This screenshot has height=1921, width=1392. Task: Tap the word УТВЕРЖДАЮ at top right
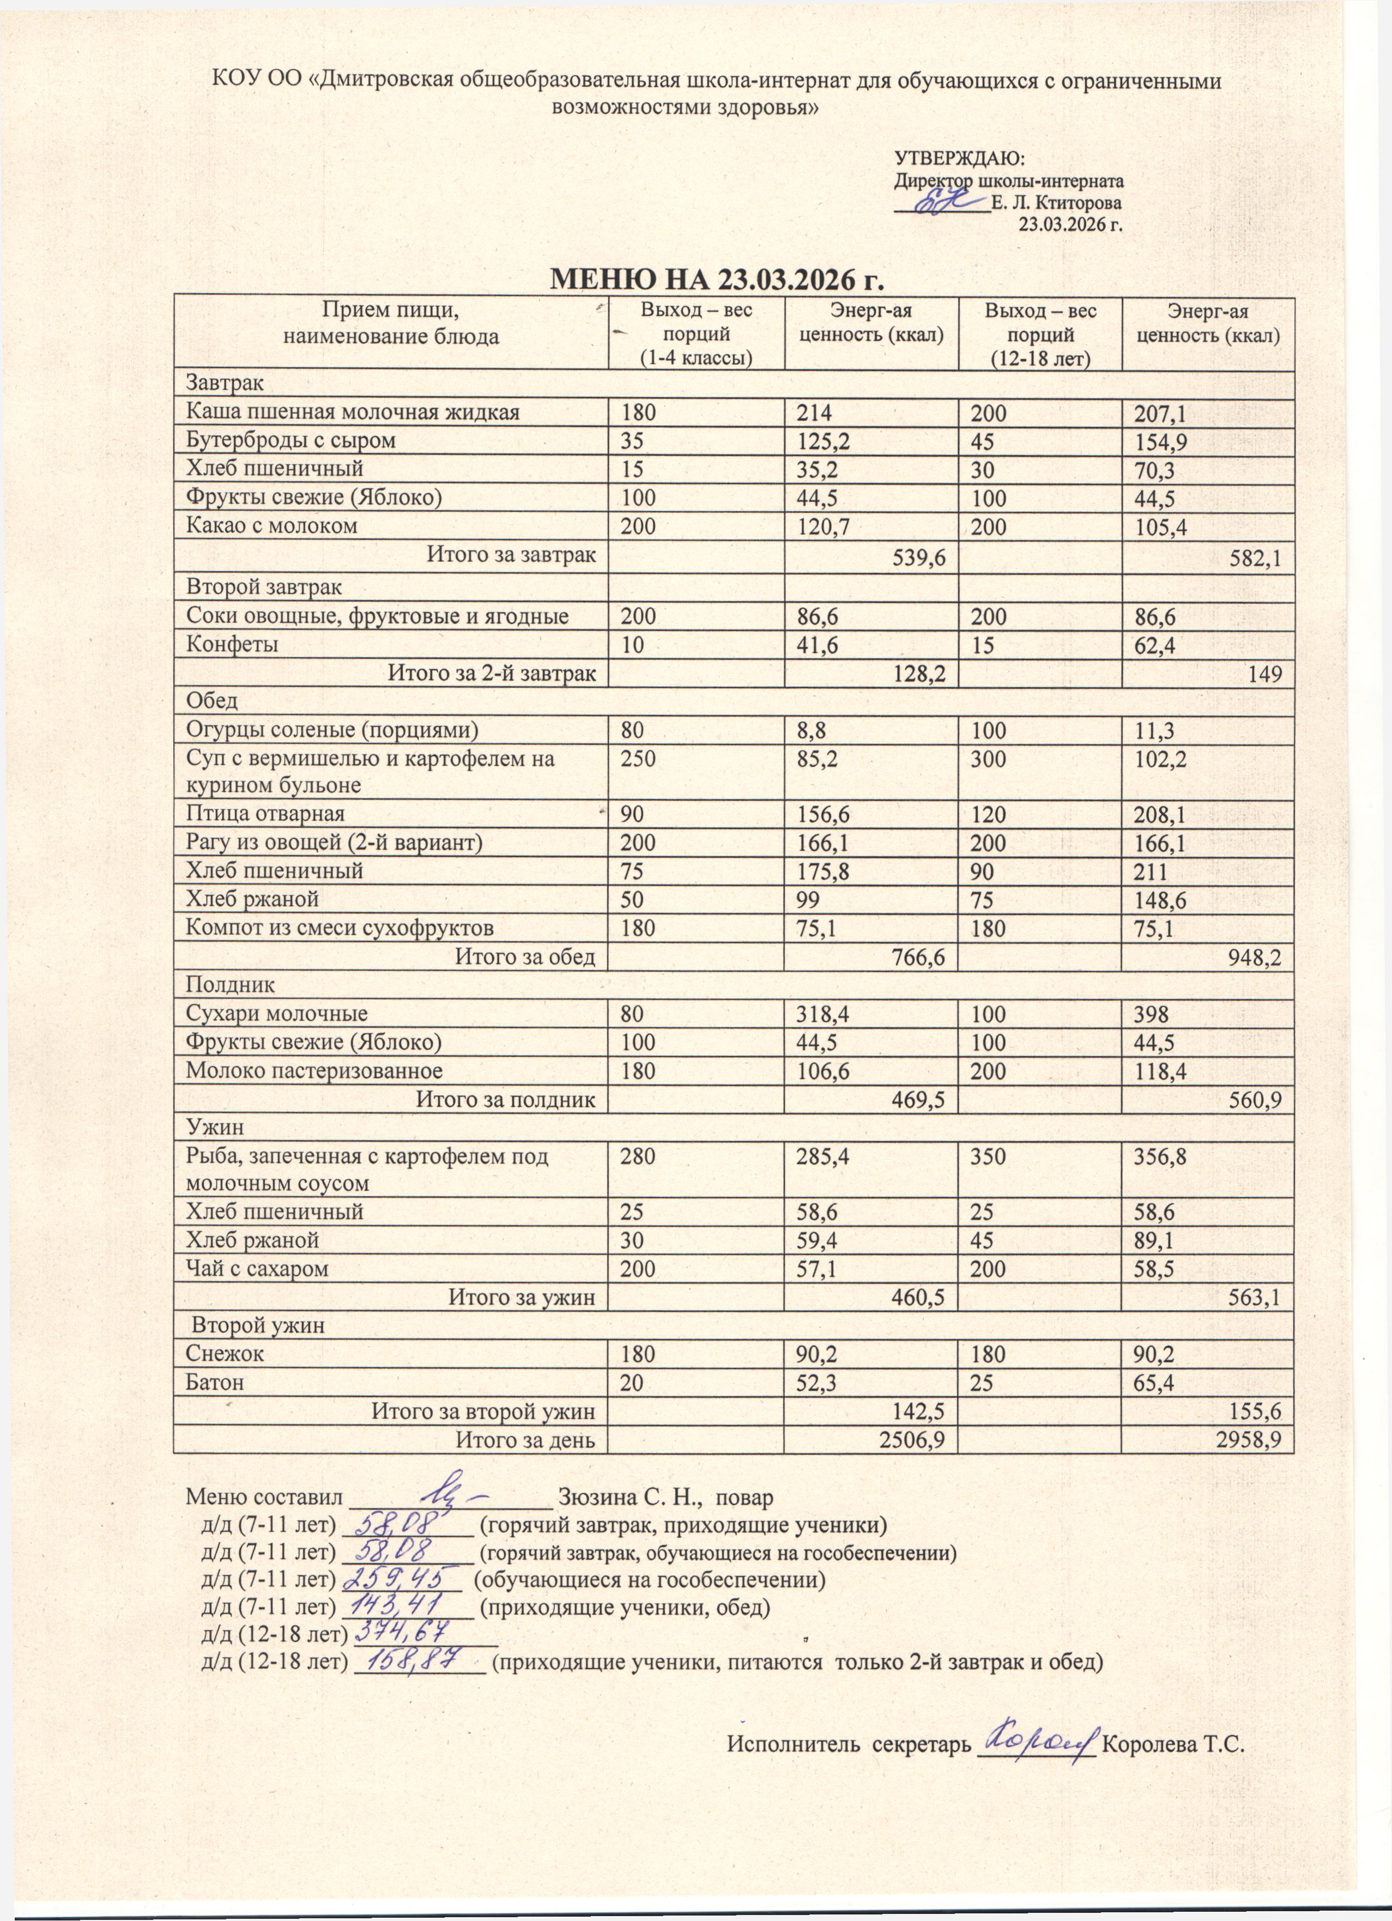[x=960, y=159]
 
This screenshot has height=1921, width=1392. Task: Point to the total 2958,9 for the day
[x=1248, y=1440]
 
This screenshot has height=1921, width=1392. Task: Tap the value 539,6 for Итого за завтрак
[x=920, y=556]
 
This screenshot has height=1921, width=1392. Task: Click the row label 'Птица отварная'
[x=265, y=814]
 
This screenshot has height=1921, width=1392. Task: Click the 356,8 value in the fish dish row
[x=1159, y=1156]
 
